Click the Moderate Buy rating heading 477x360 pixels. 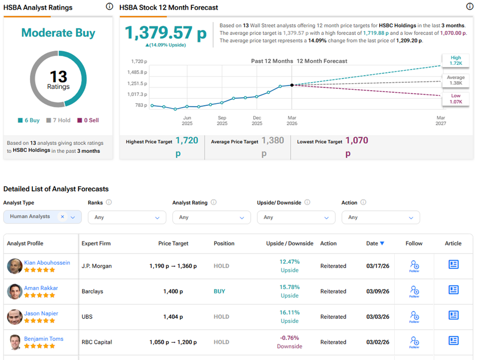pos(58,33)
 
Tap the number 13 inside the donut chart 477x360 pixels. pos(58,77)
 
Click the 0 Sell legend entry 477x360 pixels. pos(88,120)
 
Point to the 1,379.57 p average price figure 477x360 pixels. pos(166,33)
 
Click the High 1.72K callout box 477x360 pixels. pos(455,61)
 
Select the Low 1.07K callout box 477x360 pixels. pos(455,99)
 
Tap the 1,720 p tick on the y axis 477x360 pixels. pos(138,61)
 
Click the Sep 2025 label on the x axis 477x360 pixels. pos(222,121)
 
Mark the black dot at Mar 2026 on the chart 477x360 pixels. pos(292,85)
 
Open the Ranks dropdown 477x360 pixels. pos(127,218)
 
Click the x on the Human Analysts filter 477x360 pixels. pos(62,217)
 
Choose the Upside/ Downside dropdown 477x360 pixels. pos(296,218)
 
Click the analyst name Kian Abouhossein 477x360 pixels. pos(47,263)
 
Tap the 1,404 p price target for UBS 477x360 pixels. pos(173,317)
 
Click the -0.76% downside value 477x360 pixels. pos(289,338)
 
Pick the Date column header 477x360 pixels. pos(372,243)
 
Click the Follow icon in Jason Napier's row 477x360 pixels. pos(414,316)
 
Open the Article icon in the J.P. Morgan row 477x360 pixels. pos(454,265)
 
